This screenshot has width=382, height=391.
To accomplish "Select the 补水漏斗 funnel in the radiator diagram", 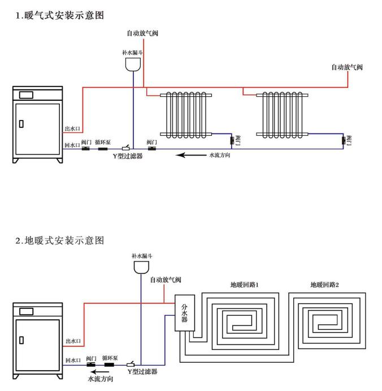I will (x=133, y=65).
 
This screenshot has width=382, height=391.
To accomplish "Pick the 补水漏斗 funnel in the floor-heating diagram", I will (x=142, y=268).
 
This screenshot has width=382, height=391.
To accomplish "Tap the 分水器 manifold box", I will (x=184, y=312).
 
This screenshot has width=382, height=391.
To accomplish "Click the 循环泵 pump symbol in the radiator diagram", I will (x=103, y=149).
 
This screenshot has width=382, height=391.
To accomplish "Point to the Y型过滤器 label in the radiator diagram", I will (x=127, y=156).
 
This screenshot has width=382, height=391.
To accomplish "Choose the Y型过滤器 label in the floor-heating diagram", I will (x=142, y=372).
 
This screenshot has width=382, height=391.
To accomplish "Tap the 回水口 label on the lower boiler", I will (x=73, y=360).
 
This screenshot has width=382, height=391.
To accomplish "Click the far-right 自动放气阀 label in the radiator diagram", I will (x=346, y=67).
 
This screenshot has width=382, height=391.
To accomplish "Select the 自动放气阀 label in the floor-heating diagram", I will (x=166, y=280).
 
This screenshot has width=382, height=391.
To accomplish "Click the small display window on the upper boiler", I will (x=26, y=94).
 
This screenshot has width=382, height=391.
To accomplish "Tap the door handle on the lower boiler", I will (x=21, y=340).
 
